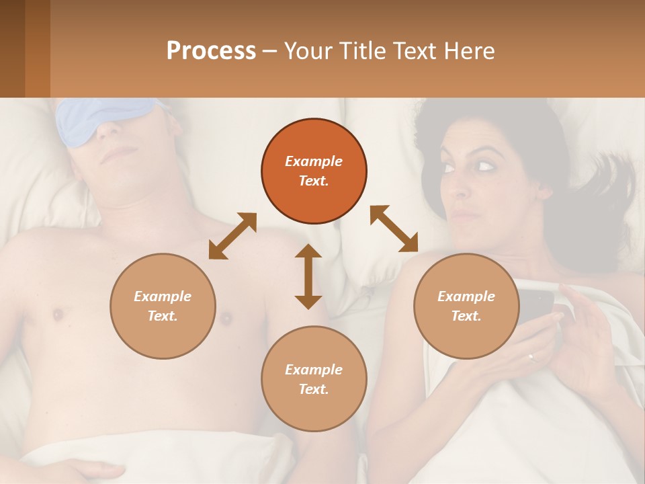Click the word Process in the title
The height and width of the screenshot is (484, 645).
[211, 51]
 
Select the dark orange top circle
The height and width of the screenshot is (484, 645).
[314, 171]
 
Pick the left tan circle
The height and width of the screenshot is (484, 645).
[163, 306]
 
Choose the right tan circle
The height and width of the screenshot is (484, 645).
[466, 306]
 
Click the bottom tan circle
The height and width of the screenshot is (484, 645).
[314, 378]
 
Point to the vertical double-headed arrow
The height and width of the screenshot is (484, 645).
[308, 276]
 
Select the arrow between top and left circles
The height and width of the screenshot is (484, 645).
[232, 235]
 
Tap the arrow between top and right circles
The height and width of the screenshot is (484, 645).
[394, 229]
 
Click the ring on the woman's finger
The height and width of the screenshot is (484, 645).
[531, 357]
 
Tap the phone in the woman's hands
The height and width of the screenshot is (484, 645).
[537, 306]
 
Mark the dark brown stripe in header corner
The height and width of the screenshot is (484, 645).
[12, 48]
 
